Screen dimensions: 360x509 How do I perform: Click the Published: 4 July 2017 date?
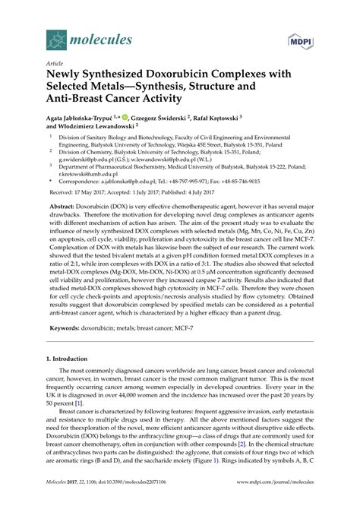[209, 194]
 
